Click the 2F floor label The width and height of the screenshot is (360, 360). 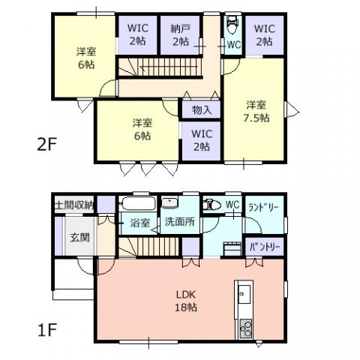46,145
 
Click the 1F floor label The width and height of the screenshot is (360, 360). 46,330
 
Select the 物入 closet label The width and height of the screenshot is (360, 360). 202,109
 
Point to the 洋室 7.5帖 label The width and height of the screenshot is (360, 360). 256,111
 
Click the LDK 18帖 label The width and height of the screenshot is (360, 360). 186,301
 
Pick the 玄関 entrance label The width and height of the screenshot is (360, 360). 79,237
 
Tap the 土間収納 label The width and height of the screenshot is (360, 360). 74,205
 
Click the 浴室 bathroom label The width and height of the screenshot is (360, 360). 139,223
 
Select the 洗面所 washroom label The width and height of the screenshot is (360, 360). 180,221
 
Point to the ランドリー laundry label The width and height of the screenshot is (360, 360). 264,208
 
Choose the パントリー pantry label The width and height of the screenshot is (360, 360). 265,247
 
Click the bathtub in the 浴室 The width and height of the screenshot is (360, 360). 138,204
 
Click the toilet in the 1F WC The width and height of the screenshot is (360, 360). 211,205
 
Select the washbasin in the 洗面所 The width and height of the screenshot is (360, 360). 169,202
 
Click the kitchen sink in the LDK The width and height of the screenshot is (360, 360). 244,294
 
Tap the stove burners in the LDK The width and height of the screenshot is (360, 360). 246,328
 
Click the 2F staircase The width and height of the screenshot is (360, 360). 160,67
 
